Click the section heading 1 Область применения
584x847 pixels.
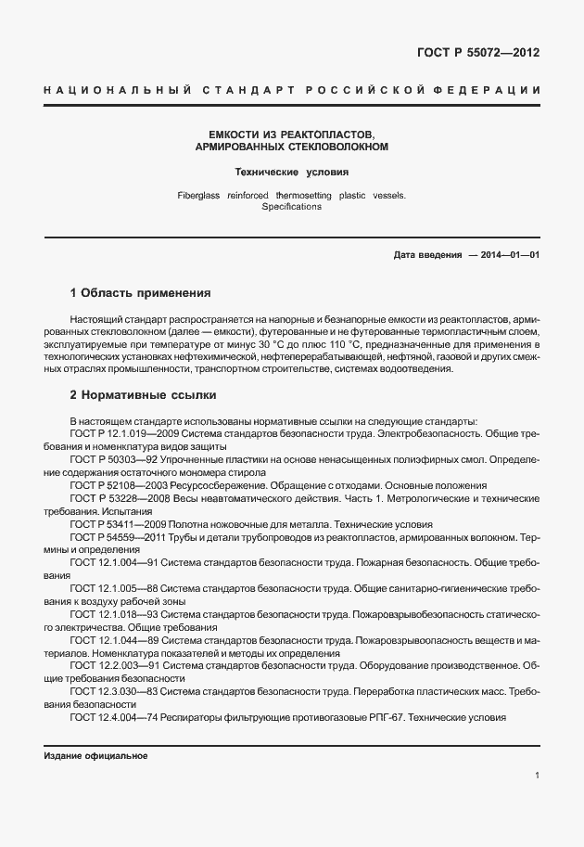tap(140, 292)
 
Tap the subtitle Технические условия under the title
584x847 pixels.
tap(291, 172)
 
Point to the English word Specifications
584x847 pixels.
tap(291, 207)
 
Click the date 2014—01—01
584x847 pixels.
tap(507, 255)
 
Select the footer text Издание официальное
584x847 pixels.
tap(96, 755)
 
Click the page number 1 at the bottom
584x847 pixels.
tap(537, 775)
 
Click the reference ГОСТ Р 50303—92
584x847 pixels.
tap(113, 460)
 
